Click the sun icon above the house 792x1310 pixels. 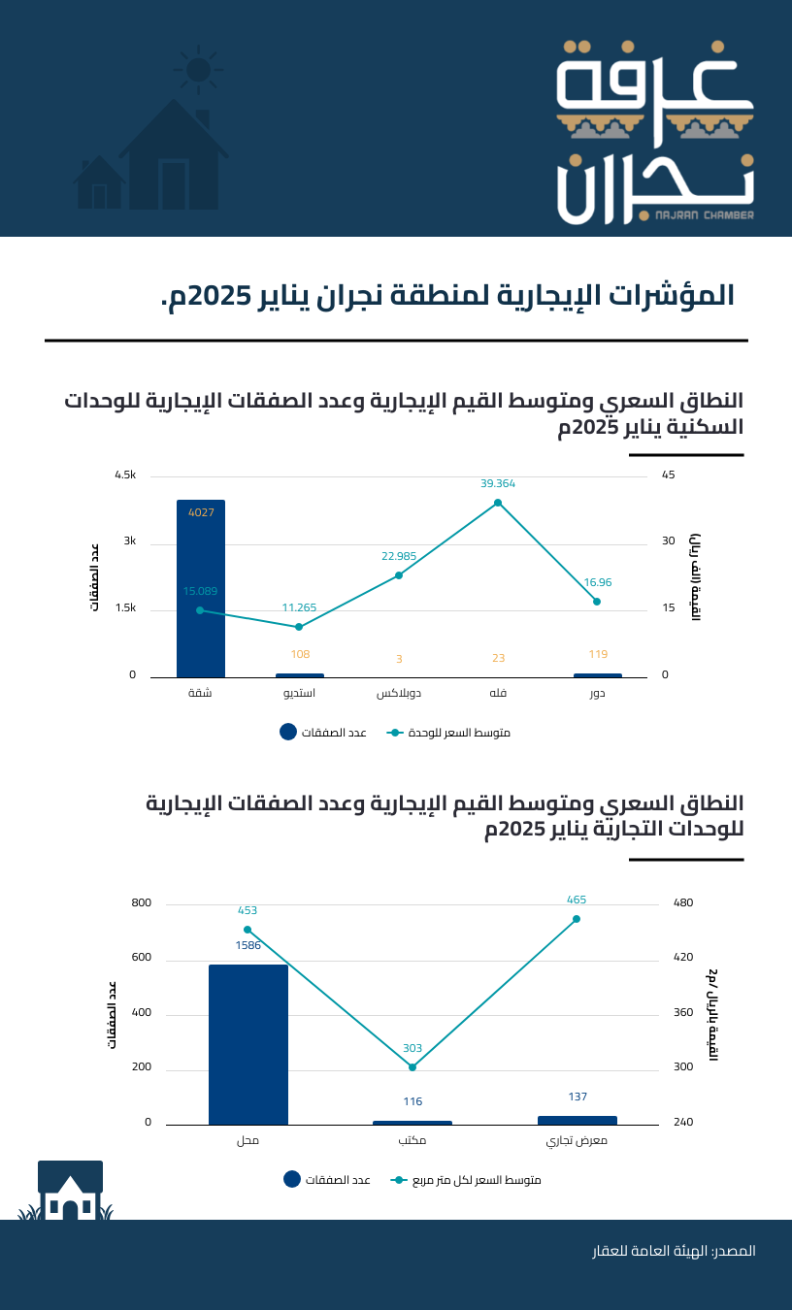(x=198, y=69)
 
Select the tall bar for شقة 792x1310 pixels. (x=201, y=588)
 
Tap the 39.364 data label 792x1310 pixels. (x=498, y=482)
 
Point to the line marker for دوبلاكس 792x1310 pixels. (x=399, y=575)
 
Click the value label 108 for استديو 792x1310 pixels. (x=300, y=654)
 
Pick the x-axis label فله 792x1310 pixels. (x=498, y=694)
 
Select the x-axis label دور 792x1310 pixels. (x=598, y=694)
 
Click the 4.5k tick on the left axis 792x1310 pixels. (x=125, y=475)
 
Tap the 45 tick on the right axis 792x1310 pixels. (x=669, y=475)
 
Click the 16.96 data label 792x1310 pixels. (x=598, y=582)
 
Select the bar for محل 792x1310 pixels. (x=248, y=1044)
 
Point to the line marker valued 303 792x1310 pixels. (x=412, y=1067)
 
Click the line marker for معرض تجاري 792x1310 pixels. (x=577, y=919)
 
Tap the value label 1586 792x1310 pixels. (x=248, y=945)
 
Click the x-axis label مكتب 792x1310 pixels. (x=412, y=1141)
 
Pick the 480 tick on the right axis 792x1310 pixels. (x=682, y=903)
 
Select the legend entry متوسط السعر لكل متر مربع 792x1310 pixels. (x=466, y=1180)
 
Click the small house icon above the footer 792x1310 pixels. (x=70, y=1191)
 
